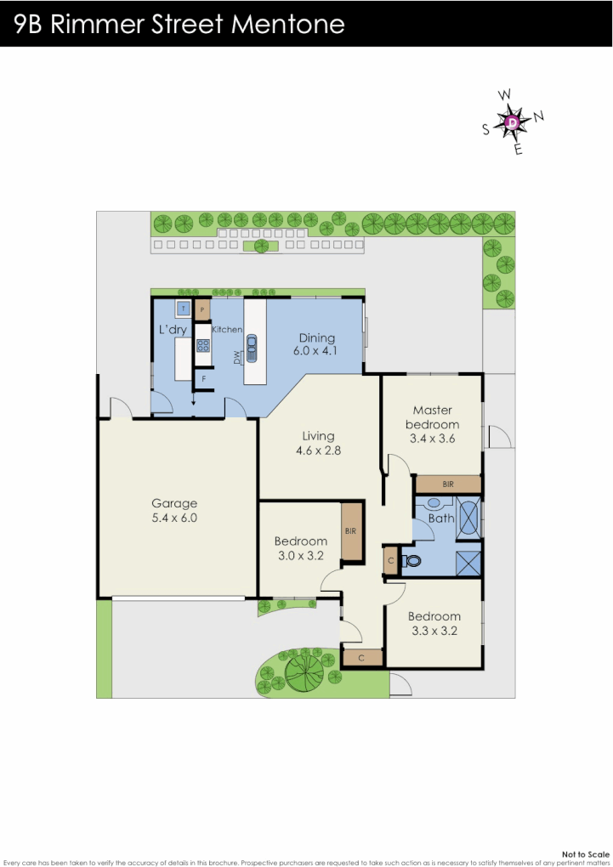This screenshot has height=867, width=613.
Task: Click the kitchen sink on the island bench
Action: click(x=253, y=347)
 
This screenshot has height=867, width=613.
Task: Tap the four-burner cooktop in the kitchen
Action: click(x=203, y=345)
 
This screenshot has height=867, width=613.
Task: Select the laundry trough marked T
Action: click(x=183, y=308)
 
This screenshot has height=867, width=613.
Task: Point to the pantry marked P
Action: click(x=203, y=309)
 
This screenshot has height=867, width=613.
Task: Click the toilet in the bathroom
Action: click(x=413, y=561)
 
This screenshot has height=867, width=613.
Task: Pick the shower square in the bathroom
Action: click(x=468, y=564)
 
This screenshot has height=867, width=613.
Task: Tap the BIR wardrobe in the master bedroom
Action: click(x=448, y=484)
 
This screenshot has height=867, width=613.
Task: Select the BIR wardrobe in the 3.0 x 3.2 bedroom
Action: click(x=351, y=531)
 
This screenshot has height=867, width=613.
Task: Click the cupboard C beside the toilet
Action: click(x=390, y=561)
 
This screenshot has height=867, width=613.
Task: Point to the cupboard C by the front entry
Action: click(x=362, y=657)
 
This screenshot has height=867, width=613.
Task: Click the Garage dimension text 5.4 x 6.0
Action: click(x=174, y=517)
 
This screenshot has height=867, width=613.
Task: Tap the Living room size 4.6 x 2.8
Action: click(x=319, y=450)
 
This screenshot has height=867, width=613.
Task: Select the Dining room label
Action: click(x=316, y=337)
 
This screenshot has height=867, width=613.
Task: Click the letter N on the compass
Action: click(x=539, y=116)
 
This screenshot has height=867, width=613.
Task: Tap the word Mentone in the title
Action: click(x=288, y=24)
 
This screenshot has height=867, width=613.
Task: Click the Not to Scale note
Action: click(x=586, y=853)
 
